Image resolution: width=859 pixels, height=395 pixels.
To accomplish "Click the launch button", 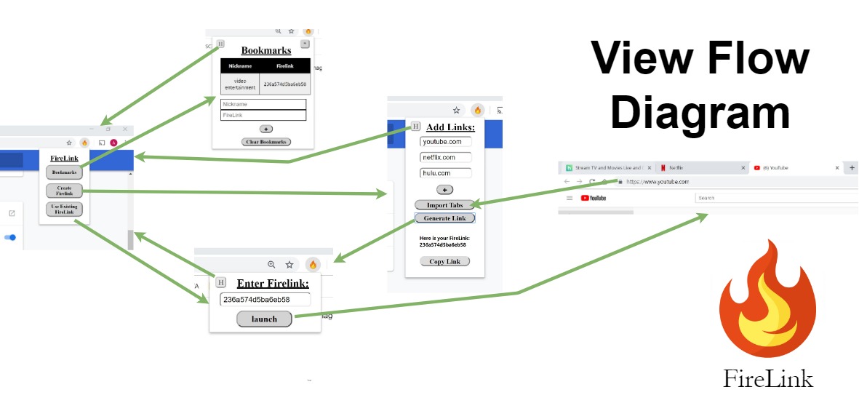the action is (264, 319).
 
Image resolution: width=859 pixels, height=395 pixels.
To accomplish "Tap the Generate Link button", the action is (444, 218).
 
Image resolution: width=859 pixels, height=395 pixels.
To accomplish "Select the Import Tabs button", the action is (444, 205).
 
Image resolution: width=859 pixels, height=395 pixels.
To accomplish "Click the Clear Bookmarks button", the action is (266, 142).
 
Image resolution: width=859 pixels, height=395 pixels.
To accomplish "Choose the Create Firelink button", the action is (64, 191).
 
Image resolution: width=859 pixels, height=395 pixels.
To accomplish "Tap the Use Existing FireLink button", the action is (64, 210).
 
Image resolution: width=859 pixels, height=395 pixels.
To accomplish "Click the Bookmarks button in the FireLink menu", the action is (64, 172).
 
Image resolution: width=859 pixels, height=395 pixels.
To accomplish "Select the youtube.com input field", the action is (446, 142).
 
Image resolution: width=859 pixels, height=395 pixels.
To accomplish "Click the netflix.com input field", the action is (446, 157).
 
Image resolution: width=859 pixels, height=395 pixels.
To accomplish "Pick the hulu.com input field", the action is (446, 173).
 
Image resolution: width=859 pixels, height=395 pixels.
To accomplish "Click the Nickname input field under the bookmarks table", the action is (263, 105).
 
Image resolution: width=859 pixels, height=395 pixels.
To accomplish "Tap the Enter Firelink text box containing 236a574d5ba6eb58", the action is (265, 300).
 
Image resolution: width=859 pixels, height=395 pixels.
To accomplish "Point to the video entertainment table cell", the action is (240, 84).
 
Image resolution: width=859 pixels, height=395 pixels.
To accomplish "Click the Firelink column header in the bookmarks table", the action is (284, 65).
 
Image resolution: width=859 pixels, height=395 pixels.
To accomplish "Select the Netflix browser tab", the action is (698, 168).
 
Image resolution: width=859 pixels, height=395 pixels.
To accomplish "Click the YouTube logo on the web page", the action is (594, 198).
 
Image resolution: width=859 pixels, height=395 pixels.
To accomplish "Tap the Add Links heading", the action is (450, 127).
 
